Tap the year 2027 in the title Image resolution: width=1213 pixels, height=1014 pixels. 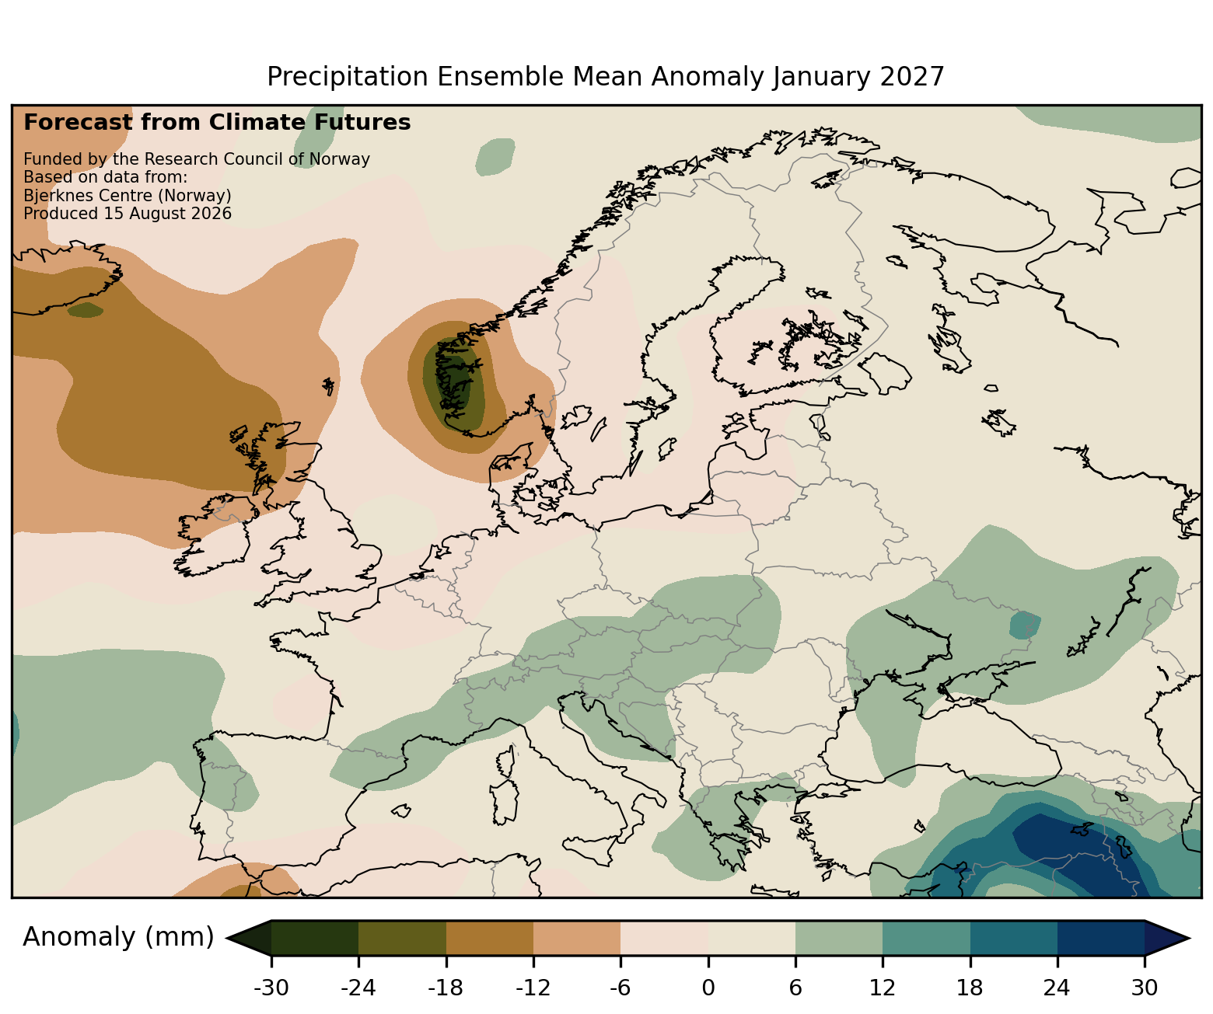point(912,77)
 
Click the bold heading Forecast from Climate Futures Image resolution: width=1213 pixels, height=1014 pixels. point(217,123)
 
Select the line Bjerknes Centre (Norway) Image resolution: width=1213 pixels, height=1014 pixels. point(128,196)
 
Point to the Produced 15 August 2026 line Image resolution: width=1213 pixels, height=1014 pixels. point(128,214)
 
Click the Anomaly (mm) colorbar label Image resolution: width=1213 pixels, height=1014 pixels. point(118,937)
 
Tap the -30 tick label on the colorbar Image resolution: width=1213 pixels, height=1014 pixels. point(271,988)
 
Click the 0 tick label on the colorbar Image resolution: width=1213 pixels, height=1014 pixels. point(708,988)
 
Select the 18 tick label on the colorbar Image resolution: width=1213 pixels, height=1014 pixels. point(970,988)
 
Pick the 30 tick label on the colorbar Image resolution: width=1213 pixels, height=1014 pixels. point(1145,988)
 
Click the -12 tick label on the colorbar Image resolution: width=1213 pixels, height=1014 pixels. point(533,988)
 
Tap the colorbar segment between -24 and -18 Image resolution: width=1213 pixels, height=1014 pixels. point(402,938)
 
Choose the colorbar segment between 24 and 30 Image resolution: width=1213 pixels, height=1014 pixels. point(1101,938)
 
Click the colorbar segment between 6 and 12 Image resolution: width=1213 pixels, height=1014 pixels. point(839,938)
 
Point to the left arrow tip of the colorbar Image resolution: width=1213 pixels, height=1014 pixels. point(226,938)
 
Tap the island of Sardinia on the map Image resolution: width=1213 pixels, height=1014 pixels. point(504,802)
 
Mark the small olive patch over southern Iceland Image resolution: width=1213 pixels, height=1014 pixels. point(86,310)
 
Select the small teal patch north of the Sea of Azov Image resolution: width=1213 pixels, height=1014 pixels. point(1024,625)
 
